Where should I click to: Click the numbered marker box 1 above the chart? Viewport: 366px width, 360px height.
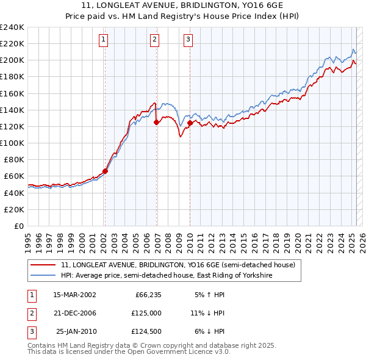(104, 40)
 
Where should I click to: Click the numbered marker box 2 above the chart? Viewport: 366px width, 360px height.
(155, 40)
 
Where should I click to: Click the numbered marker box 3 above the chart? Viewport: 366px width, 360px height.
(188, 40)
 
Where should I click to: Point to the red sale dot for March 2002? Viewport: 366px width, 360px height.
(105, 171)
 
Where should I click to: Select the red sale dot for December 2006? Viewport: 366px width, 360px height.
(157, 122)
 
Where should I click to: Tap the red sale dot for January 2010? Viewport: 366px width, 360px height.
(190, 123)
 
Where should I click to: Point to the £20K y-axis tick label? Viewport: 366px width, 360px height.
(15, 209)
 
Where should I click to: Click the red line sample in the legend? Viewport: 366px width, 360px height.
(43, 265)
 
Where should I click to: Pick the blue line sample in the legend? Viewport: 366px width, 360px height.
(43, 275)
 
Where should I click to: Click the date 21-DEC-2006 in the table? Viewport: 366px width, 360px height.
(74, 313)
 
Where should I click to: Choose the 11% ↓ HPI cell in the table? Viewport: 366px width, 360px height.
(207, 313)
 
